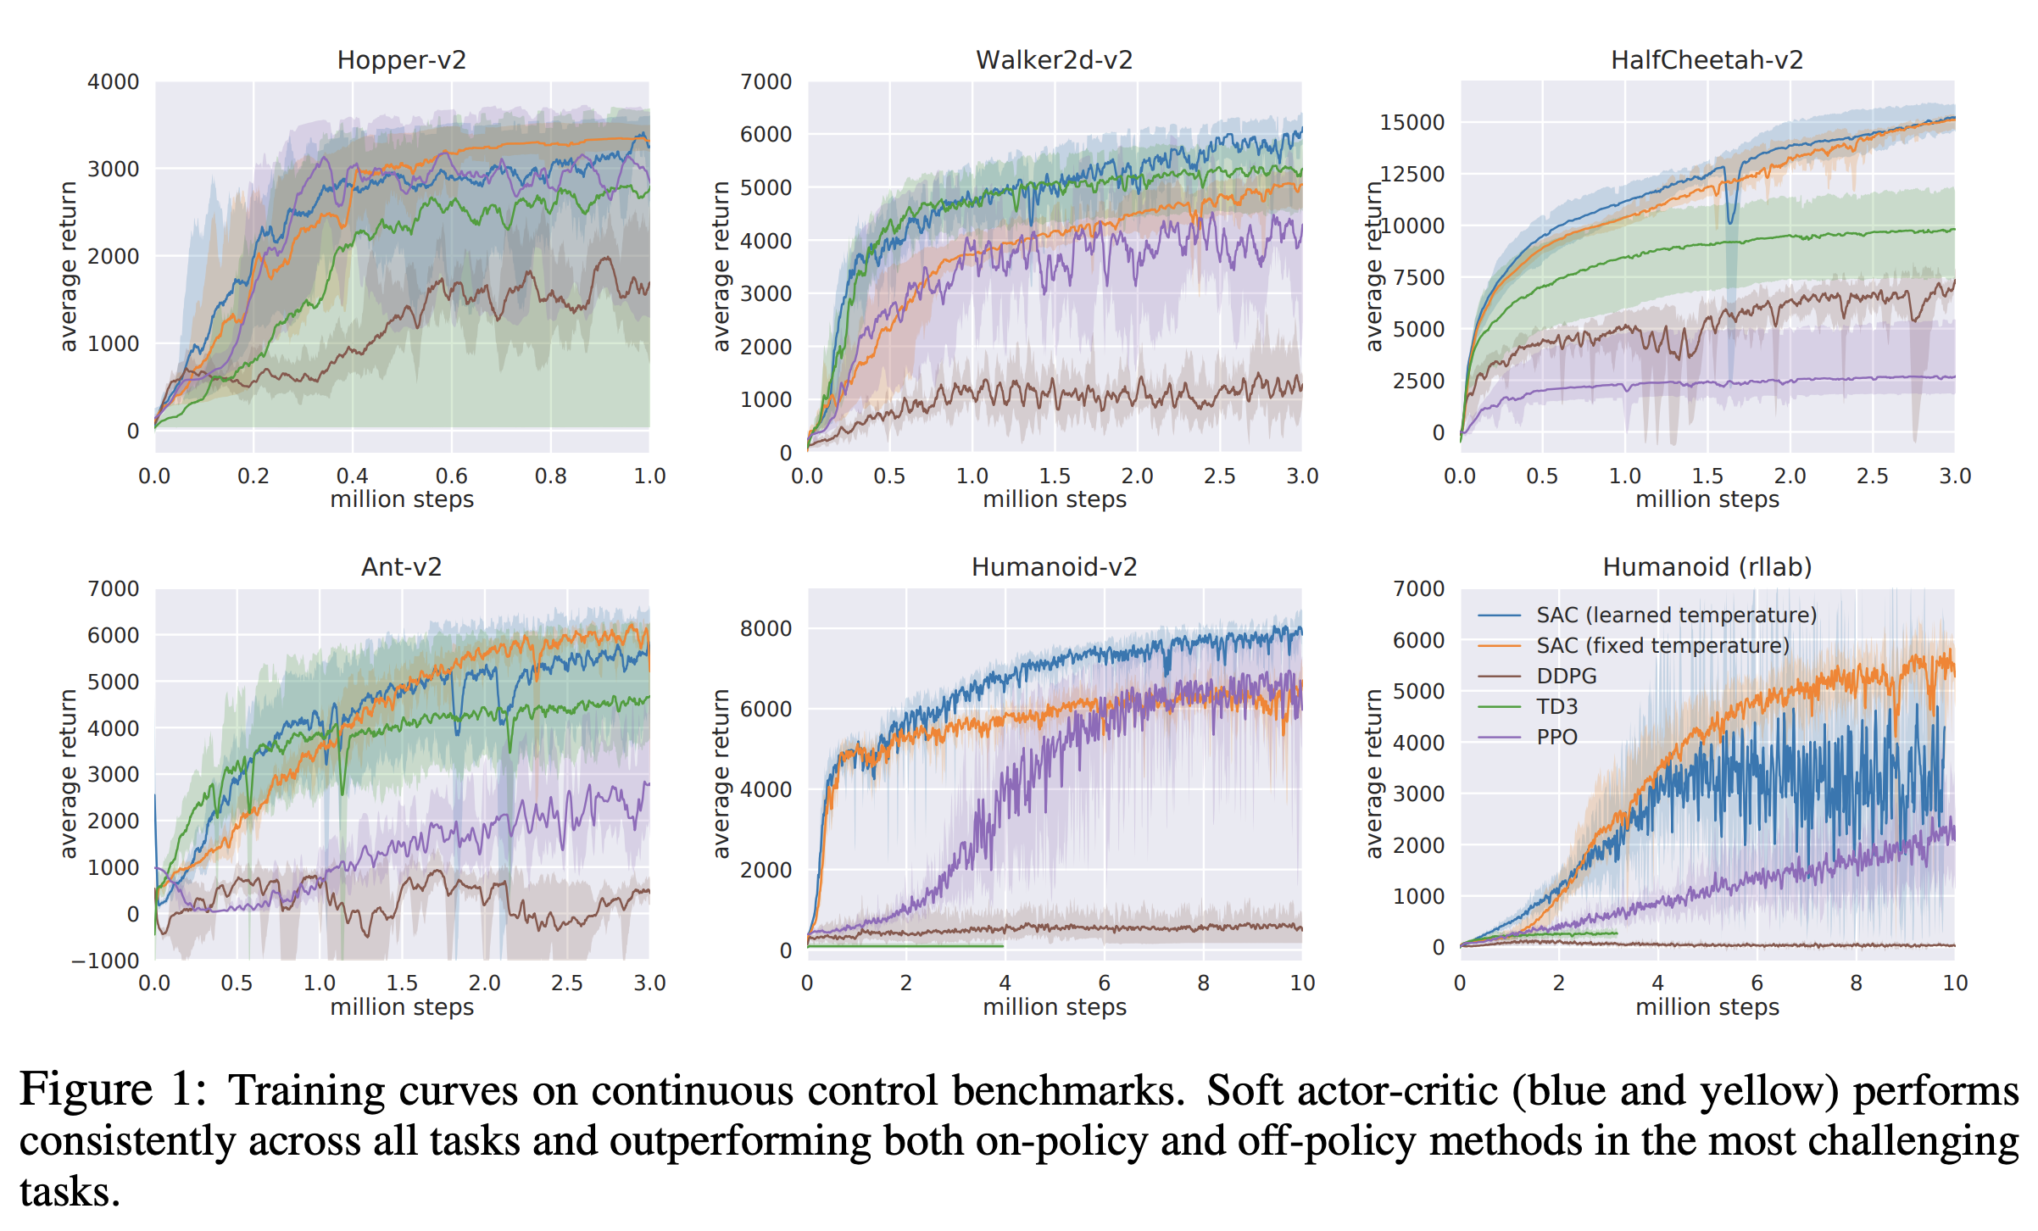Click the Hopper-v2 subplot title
[401, 60]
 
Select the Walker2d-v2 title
[1054, 60]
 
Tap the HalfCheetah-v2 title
[1707, 60]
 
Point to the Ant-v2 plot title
[401, 567]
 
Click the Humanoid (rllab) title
[1707, 567]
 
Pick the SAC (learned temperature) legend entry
[1675, 615]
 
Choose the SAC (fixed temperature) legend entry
[1662, 645]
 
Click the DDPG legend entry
[1566, 676]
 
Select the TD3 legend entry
[1556, 706]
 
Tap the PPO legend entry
[1556, 737]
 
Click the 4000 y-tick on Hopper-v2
[113, 82]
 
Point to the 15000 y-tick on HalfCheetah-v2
[1412, 122]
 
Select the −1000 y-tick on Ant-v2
[105, 961]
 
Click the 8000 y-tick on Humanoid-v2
[766, 628]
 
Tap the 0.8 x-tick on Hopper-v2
[550, 476]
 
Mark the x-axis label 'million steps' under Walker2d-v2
[1054, 499]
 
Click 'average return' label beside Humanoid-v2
[721, 773]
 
